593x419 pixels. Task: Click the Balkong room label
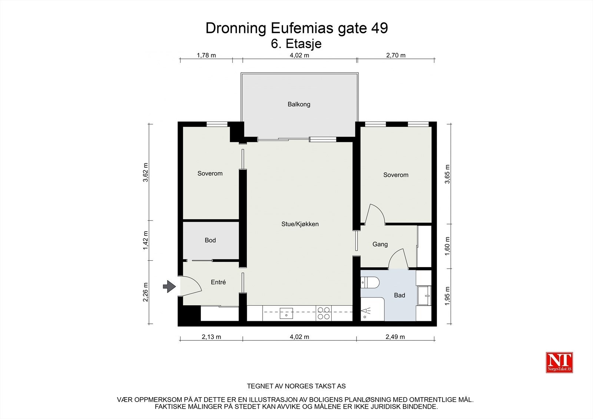click(299, 104)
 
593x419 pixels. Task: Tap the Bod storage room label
click(210, 240)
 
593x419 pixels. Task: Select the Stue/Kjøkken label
click(300, 224)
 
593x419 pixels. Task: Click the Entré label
click(218, 282)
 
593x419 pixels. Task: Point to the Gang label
click(380, 245)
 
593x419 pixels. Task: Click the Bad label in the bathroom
click(400, 296)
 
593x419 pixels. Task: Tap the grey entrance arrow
click(169, 286)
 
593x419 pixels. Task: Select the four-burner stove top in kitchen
click(323, 313)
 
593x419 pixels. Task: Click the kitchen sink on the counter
click(286, 313)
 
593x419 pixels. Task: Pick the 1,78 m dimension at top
click(206, 56)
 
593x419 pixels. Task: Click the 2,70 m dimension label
click(396, 56)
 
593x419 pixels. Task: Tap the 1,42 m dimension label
click(146, 240)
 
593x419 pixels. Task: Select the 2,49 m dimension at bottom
click(395, 337)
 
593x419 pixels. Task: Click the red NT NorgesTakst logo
click(559, 362)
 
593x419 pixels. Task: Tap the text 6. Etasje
click(296, 44)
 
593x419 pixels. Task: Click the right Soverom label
click(396, 175)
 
